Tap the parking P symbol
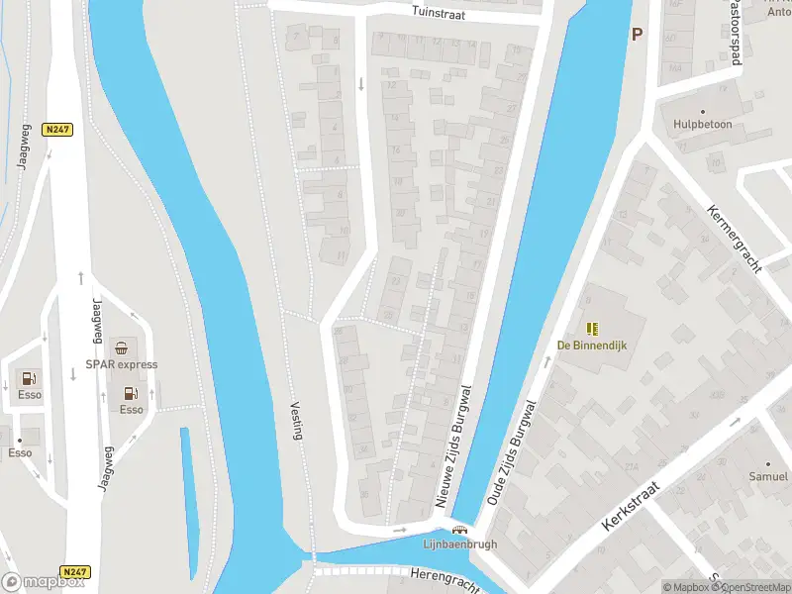(x=637, y=34)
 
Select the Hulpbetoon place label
(x=701, y=126)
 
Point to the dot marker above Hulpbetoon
(x=702, y=112)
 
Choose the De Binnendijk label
(x=592, y=346)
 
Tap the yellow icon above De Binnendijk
(x=592, y=329)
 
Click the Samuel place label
(x=768, y=477)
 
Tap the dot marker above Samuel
(x=768, y=462)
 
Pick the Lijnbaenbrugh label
(x=459, y=544)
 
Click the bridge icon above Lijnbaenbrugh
(x=459, y=530)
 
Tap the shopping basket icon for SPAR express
(x=121, y=347)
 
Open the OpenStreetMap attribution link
(x=750, y=587)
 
